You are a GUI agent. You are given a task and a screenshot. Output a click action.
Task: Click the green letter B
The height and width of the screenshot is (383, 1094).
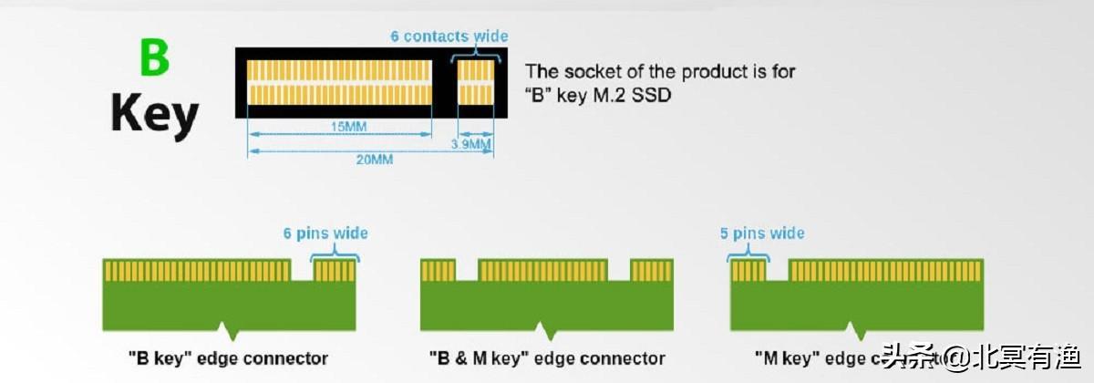pos(154,57)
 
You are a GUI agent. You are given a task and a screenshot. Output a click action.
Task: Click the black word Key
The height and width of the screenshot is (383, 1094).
pos(154,116)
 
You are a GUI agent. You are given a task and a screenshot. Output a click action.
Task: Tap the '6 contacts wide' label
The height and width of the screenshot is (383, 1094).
pos(449,36)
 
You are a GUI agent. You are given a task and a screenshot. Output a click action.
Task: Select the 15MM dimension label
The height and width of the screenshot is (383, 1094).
pos(342,127)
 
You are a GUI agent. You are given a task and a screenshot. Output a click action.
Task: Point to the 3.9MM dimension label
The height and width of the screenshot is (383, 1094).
pos(471,144)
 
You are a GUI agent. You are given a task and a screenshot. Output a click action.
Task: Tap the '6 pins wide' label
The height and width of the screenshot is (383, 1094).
pos(325,233)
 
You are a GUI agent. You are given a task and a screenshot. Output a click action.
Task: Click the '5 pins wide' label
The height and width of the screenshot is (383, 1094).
pos(762,233)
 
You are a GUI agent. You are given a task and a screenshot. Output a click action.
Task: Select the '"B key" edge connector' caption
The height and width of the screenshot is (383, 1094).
pos(228,357)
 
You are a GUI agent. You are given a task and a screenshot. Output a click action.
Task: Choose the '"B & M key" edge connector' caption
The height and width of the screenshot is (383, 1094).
pos(547,357)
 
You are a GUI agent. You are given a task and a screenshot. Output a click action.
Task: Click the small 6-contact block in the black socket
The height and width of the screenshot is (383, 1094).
pos(475,82)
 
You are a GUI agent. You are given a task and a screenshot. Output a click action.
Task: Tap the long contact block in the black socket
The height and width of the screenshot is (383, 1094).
pos(339,82)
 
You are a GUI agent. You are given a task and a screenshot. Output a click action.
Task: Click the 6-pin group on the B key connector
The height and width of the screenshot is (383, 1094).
pos(334,271)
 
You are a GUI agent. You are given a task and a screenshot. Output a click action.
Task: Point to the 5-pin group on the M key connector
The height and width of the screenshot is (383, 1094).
pos(748,271)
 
